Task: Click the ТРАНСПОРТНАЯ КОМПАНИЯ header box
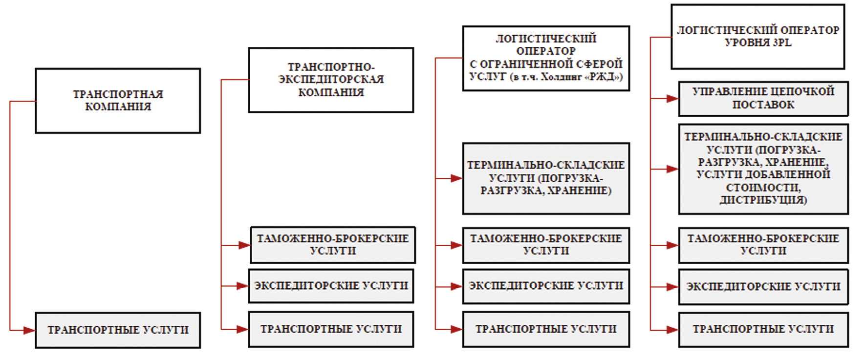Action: [118, 101]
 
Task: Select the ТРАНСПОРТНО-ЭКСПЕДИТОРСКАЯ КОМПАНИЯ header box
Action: [331, 80]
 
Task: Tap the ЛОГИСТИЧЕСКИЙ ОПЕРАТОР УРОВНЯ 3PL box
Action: [758, 37]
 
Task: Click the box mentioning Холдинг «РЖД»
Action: [546, 58]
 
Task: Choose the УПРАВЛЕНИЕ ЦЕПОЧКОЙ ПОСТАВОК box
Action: [763, 98]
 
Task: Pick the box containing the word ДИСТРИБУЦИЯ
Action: [763, 169]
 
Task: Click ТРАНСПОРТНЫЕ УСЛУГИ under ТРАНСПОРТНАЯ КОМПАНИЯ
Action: [118, 330]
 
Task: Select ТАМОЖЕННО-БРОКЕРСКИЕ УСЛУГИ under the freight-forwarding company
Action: [333, 245]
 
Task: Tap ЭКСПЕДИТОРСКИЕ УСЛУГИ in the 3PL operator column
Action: [763, 287]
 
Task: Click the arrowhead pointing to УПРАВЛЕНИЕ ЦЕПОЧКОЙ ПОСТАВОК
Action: [672, 99]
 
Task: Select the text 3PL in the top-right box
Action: [781, 43]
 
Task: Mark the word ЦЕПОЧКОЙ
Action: [803, 91]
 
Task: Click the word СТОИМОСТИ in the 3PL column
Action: [763, 188]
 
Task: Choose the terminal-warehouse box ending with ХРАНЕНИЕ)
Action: [546, 178]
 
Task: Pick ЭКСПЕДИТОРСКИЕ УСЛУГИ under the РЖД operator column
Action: [546, 286]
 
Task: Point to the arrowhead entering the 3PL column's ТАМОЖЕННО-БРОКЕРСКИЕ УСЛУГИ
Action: [672, 245]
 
